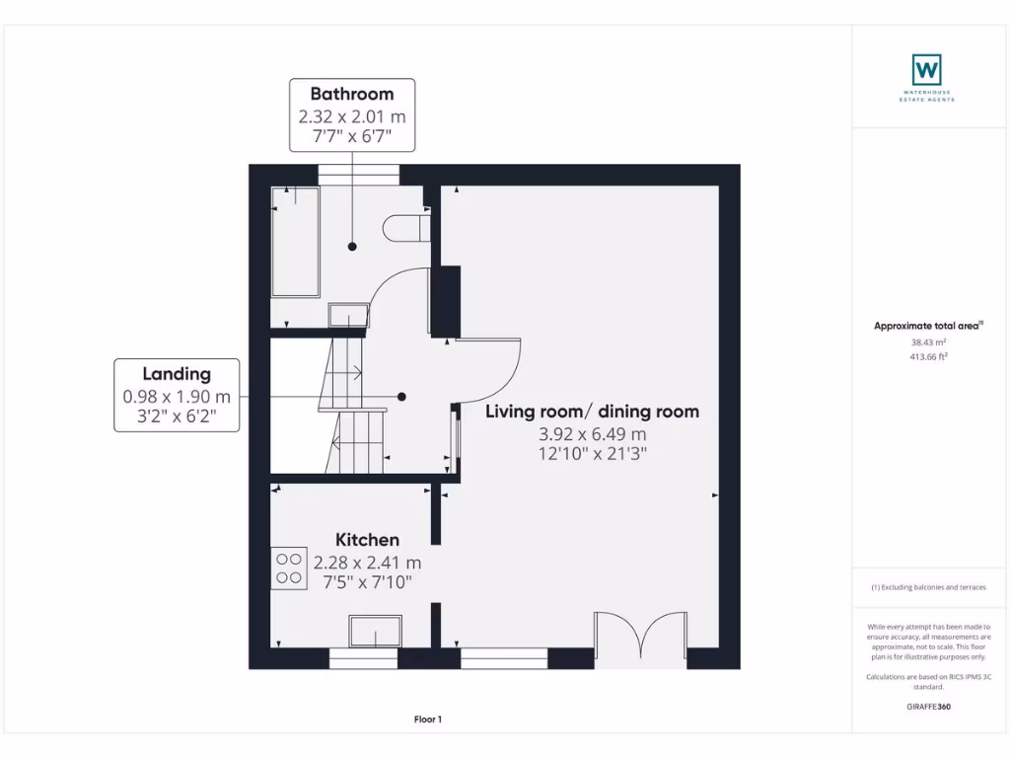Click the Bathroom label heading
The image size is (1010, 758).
(352, 94)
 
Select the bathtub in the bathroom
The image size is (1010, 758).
(296, 242)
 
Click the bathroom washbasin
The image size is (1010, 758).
(348, 315)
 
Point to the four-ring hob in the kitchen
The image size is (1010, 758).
(289, 568)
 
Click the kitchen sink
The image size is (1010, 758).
(376, 631)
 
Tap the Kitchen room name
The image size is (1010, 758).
(367, 540)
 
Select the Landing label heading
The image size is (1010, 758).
(177, 374)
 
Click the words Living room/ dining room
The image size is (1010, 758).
(592, 412)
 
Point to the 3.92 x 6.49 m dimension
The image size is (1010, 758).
(592, 434)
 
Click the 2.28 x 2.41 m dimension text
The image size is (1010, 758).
(367, 563)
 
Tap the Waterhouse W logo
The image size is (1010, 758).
(927, 70)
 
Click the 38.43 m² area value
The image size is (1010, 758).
(928, 342)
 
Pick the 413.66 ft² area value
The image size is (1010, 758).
(928, 356)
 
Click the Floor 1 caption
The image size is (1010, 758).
(428, 720)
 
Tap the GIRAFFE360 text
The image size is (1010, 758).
(928, 707)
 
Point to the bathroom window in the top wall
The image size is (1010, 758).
(359, 175)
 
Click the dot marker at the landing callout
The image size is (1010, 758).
(401, 397)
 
